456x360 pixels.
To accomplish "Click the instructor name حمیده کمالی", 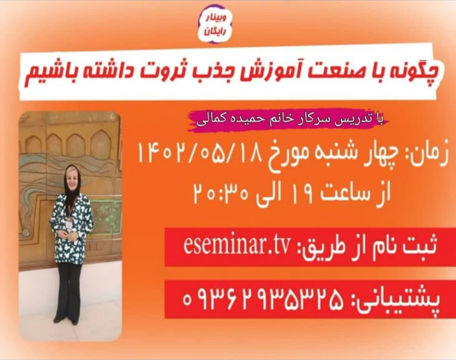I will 232,120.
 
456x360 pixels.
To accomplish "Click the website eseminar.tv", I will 239,247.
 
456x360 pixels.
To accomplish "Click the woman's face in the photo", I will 71,176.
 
